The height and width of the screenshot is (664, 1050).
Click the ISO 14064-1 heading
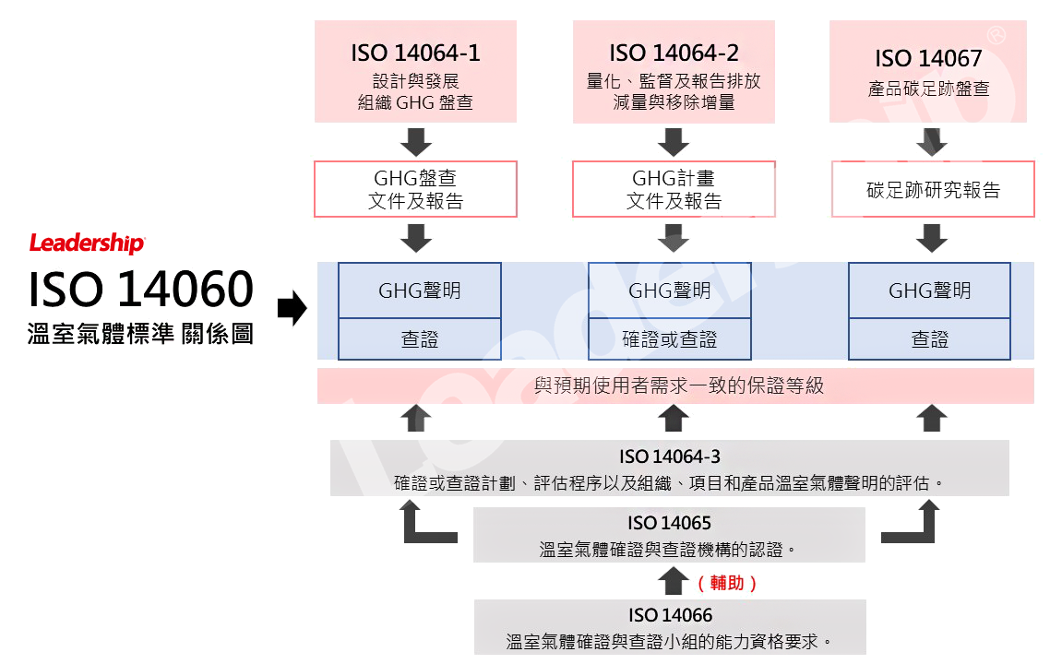[415, 53]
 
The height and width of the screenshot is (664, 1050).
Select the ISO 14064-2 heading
[674, 53]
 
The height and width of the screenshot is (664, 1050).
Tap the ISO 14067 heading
[928, 59]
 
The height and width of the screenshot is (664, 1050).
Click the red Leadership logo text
[87, 244]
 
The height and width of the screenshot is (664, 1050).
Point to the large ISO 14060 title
[143, 290]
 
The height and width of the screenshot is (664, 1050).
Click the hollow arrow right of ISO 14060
[292, 310]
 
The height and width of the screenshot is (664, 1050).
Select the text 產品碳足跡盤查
[928, 89]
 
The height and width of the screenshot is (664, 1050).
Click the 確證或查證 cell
[670, 340]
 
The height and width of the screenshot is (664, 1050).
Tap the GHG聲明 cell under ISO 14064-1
[420, 291]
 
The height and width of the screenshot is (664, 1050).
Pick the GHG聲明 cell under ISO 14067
[929, 291]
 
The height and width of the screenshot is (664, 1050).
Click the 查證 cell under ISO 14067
[929, 340]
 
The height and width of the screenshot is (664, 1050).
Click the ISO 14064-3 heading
[669, 456]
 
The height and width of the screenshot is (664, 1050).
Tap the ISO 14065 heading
[669, 523]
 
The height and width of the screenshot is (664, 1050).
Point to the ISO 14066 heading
[670, 615]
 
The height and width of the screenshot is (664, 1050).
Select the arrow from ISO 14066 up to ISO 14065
[670, 581]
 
